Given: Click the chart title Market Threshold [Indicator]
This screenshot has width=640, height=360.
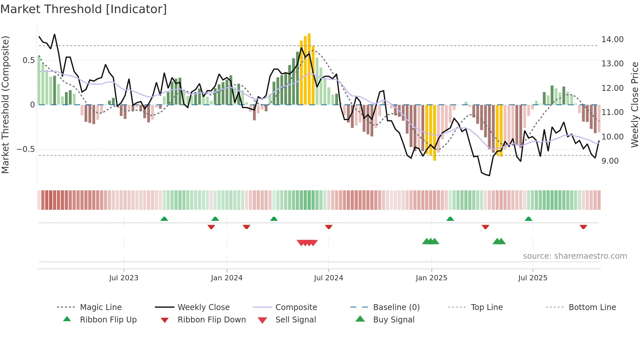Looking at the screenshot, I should pyautogui.click(x=84, y=9).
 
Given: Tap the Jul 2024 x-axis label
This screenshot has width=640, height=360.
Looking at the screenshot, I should pyautogui.click(x=328, y=278).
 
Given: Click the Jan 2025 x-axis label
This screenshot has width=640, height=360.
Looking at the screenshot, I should pyautogui.click(x=431, y=278).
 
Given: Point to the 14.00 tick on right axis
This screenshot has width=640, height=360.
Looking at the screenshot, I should pyautogui.click(x=612, y=40).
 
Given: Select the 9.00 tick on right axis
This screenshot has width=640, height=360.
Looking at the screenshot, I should pyautogui.click(x=610, y=161).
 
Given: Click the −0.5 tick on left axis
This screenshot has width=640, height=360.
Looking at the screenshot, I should pyautogui.click(x=25, y=149).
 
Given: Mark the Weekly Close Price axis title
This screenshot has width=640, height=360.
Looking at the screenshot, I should pyautogui.click(x=634, y=105).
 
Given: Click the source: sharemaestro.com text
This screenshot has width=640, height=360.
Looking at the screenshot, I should pyautogui.click(x=575, y=256).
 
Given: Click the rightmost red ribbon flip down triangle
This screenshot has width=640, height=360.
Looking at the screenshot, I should pyautogui.click(x=583, y=227).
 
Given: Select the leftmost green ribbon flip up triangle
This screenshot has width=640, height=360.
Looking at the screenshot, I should pyautogui.click(x=164, y=219).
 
